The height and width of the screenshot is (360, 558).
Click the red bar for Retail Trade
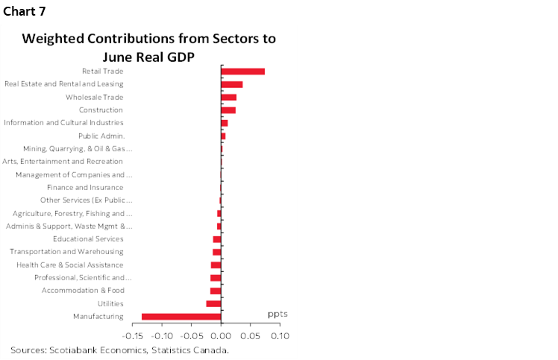[x=242, y=72]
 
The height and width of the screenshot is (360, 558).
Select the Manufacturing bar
[x=181, y=317]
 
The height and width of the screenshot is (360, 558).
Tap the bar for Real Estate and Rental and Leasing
[x=231, y=84]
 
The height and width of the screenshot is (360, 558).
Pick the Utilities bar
[x=213, y=303]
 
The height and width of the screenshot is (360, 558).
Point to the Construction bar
[x=228, y=110]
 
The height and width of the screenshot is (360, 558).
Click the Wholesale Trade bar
[x=228, y=97]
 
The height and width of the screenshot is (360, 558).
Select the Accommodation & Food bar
[x=216, y=291]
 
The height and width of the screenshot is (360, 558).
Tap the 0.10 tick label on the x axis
[x=279, y=336]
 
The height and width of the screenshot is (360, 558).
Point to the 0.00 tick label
[x=221, y=336]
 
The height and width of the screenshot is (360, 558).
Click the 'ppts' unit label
[x=278, y=314]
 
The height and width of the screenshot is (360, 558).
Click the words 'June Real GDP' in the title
[x=149, y=54]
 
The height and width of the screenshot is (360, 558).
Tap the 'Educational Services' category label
[x=88, y=239]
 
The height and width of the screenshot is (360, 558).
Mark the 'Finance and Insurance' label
[x=85, y=188]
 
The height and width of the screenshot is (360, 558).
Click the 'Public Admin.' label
[x=101, y=136]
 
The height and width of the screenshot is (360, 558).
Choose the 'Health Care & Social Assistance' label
[x=70, y=265]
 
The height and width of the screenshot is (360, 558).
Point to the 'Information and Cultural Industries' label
[x=64, y=123]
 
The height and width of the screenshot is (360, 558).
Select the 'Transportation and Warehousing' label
[x=66, y=252]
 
